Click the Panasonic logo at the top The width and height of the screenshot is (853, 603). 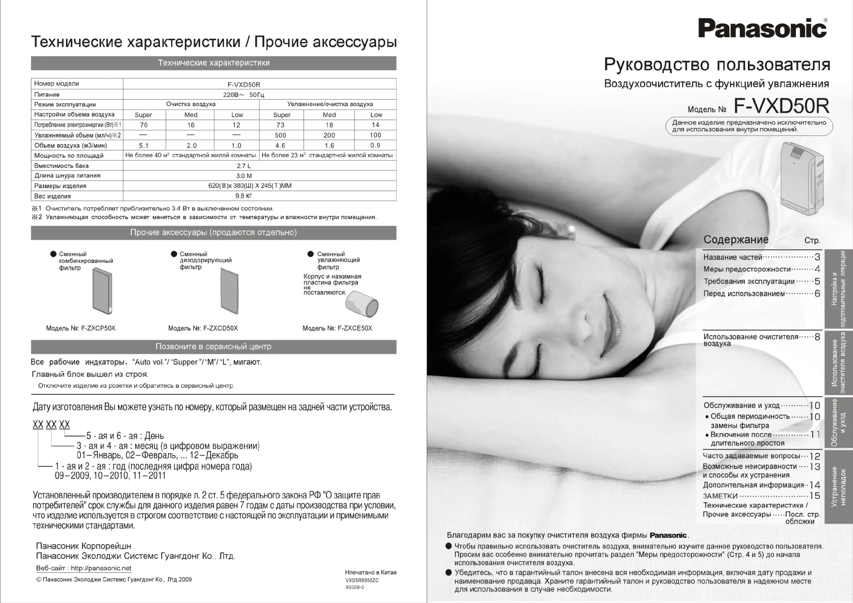[x=762, y=28]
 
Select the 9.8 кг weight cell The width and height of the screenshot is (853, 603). [x=244, y=196]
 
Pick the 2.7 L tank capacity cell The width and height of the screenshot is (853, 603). [x=244, y=166]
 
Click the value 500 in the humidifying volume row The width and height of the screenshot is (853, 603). [x=281, y=135]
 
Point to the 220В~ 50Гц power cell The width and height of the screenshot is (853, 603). [x=244, y=95]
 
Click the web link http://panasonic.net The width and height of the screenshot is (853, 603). [x=101, y=568]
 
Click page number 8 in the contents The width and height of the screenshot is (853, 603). [x=817, y=337]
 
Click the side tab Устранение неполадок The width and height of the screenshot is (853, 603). [x=839, y=487]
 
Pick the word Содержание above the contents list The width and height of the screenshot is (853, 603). [x=736, y=240]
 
